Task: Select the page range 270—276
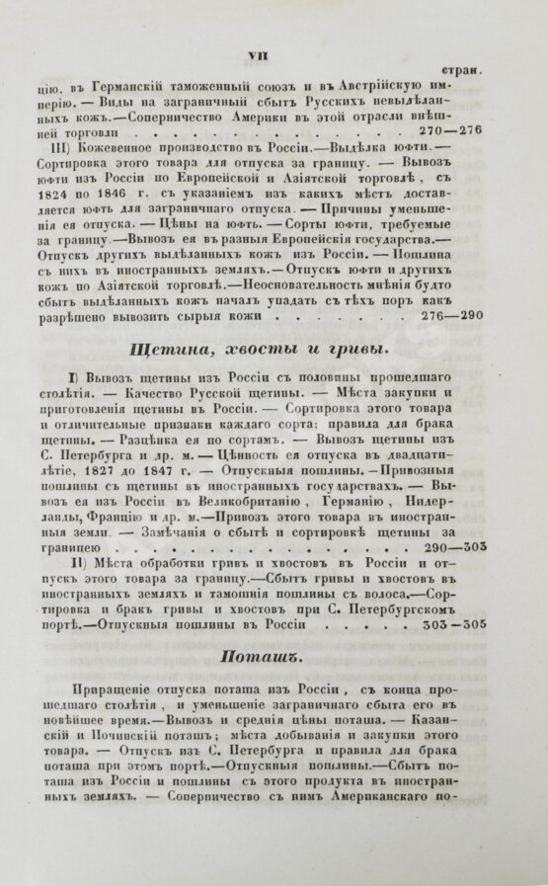coord(450,128)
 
